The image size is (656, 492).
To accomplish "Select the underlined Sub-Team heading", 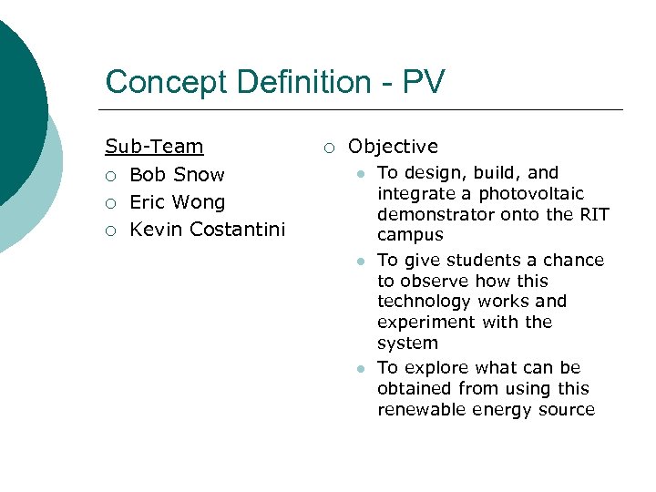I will click(154, 147).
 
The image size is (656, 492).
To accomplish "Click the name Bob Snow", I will click(177, 175).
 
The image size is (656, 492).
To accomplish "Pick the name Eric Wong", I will click(177, 202).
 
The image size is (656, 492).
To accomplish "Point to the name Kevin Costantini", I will click(208, 230).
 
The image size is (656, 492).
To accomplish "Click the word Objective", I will click(393, 147).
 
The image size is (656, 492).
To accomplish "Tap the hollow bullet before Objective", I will click(329, 148).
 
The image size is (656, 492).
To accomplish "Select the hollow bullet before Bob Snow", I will click(111, 176).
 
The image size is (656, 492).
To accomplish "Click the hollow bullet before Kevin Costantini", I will click(111, 231).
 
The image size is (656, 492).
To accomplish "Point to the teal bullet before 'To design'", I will click(361, 174).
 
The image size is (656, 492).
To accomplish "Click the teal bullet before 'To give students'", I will click(361, 261).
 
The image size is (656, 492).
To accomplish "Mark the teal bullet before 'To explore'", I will click(361, 369).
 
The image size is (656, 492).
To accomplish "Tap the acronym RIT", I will click(591, 215).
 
